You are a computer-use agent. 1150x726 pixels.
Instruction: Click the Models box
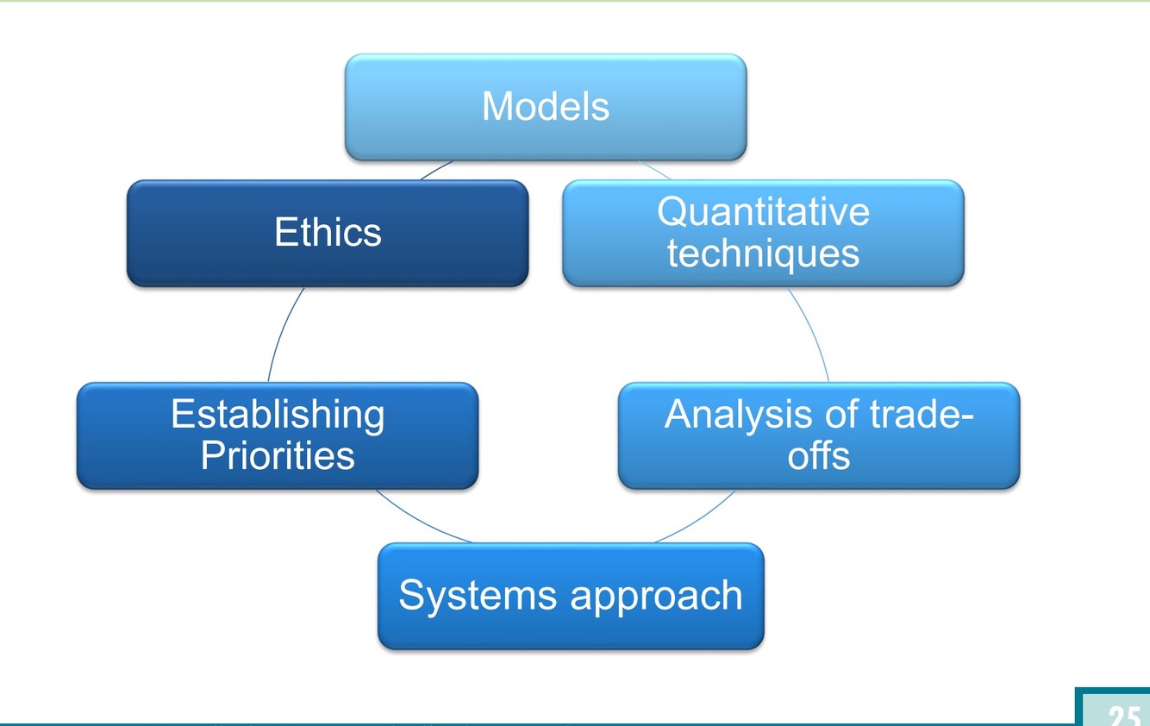coord(546,107)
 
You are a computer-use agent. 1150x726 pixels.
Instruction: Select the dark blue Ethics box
coord(328,233)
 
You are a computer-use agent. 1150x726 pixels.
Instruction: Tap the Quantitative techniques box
coord(763,233)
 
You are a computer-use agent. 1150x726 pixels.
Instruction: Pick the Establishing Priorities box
coord(278,435)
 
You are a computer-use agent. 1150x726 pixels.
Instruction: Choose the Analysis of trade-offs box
coord(819,435)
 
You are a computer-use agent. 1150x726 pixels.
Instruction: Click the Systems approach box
coord(571,596)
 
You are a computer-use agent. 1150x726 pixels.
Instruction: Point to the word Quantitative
coord(763,212)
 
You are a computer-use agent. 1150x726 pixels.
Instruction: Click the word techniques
coord(763,253)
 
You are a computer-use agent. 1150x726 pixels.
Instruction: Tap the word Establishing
coord(278,415)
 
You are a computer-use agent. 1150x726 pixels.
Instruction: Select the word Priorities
coord(278,456)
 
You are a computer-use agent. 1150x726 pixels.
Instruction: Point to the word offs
coord(819,456)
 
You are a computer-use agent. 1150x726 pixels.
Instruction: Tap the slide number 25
coord(1123,715)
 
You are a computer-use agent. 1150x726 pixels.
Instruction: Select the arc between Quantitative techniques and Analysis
coord(811,335)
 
